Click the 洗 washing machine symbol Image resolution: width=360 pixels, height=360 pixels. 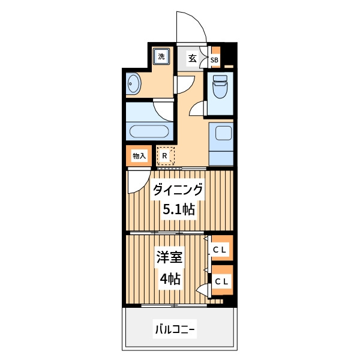coord(161,56)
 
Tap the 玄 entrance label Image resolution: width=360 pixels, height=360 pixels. coord(193,59)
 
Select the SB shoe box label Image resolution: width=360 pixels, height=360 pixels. coord(214,61)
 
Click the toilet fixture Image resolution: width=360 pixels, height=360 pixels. coord(220,87)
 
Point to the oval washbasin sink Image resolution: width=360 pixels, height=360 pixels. coord(133,83)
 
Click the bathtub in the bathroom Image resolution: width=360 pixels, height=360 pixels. coord(149,131)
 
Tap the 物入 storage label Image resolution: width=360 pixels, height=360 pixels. coord(139,156)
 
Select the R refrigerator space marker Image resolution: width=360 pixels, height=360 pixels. coord(164,156)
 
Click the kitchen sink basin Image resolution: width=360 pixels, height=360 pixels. coord(223,133)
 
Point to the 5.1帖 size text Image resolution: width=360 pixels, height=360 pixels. coord(179,209)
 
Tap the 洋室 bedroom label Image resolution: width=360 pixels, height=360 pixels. coord(169,257)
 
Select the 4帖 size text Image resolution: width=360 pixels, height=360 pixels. coord(170,279)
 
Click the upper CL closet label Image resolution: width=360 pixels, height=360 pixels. coord(220,250)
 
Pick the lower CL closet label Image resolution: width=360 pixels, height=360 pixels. coord(221,281)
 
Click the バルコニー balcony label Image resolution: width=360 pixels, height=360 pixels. coord(175,330)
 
